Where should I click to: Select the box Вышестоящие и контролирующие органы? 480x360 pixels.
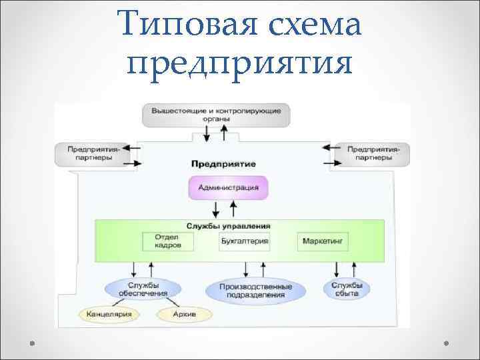click(x=216, y=115)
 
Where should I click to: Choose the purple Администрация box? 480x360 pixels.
click(x=229, y=187)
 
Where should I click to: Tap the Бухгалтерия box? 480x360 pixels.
click(x=244, y=241)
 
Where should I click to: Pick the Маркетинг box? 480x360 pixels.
click(x=323, y=241)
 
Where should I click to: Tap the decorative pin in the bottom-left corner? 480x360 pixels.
click(x=31, y=344)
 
